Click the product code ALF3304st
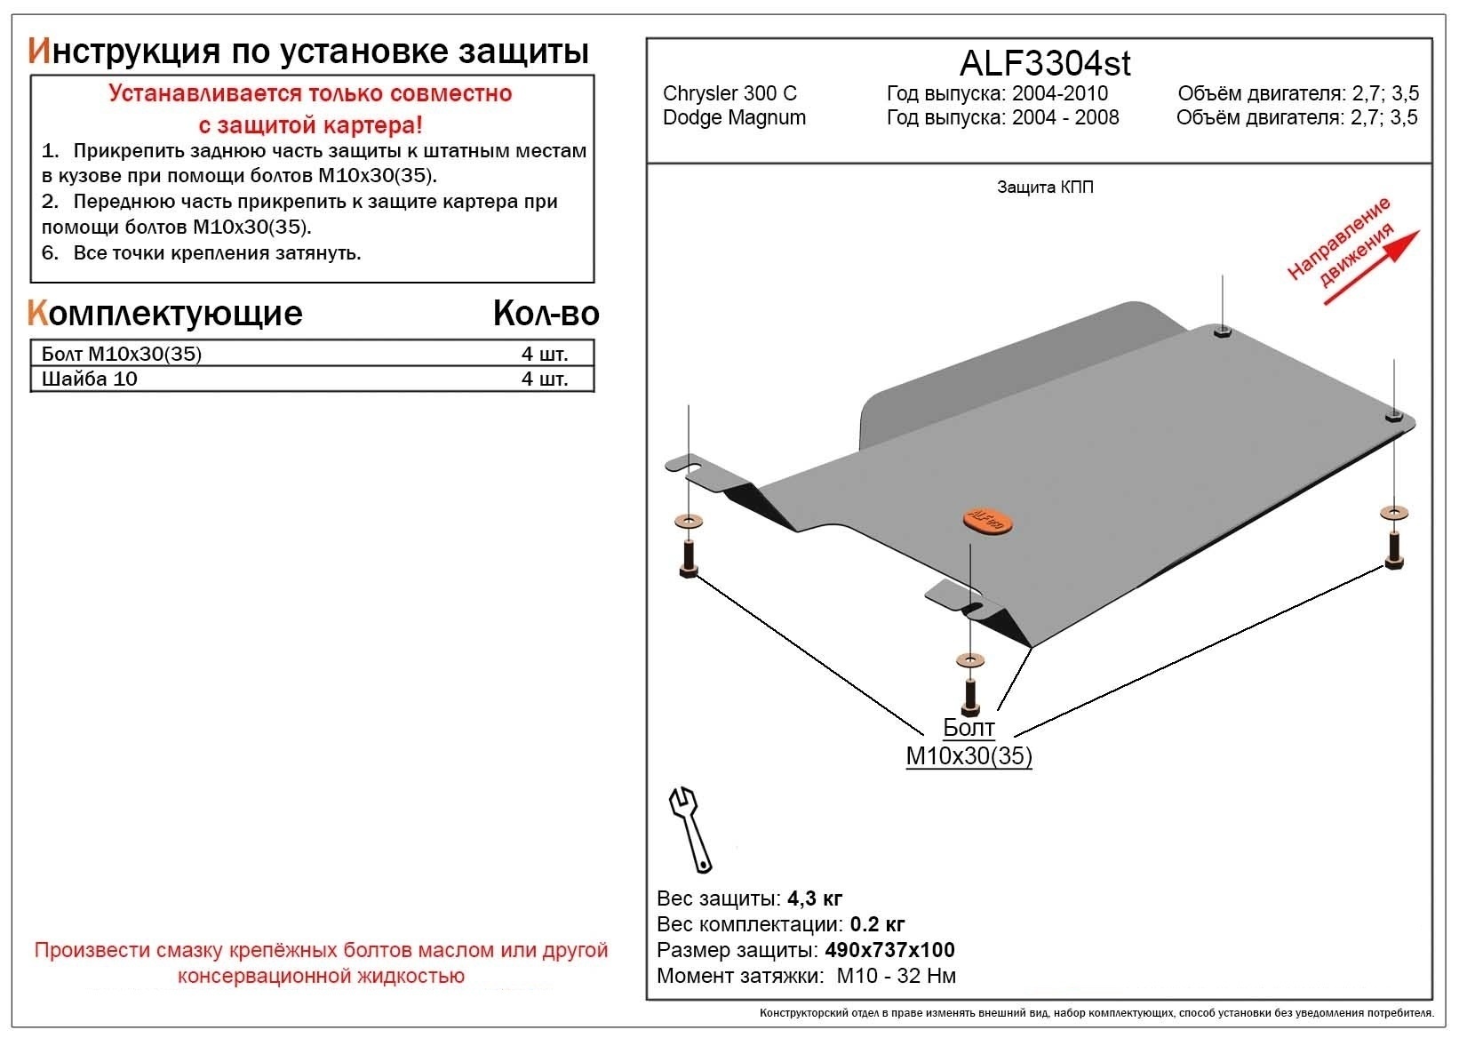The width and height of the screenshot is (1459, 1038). point(1045,63)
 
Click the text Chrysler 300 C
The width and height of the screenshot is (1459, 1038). point(729,93)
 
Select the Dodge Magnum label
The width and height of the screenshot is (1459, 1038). point(734,117)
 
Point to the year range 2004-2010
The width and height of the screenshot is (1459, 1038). point(1058,93)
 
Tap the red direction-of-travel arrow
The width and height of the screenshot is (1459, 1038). point(1373,267)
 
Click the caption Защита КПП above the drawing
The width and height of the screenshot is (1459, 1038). point(1045,188)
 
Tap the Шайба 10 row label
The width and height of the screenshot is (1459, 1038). point(89,379)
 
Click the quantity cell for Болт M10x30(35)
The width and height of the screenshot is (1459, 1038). point(544,354)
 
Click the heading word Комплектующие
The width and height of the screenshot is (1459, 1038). point(165,314)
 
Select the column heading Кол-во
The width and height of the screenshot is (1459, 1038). point(546,314)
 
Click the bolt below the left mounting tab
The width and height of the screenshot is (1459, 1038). point(689,558)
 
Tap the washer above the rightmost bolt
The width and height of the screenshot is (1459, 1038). point(1392,513)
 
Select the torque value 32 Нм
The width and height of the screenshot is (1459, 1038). point(926,976)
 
